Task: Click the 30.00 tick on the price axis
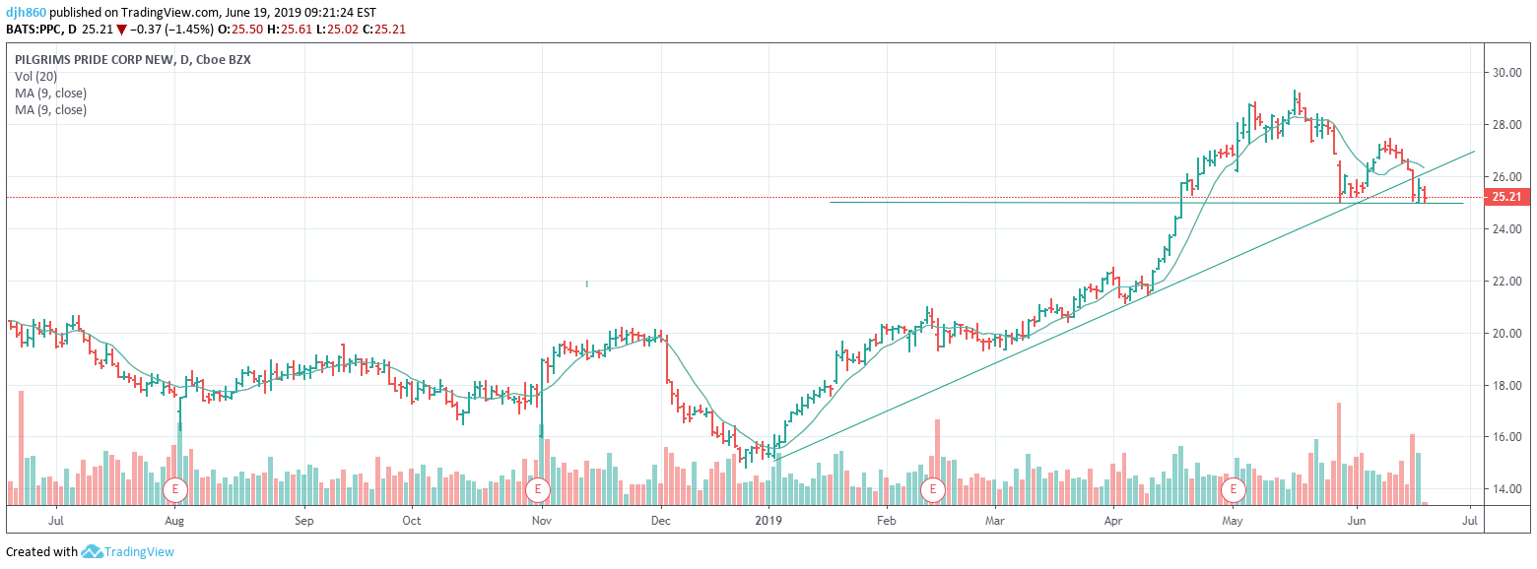click(x=1507, y=73)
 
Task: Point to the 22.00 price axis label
click(x=1507, y=282)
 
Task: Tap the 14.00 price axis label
click(x=1507, y=489)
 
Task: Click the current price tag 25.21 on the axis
click(x=1506, y=197)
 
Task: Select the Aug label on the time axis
click(x=174, y=520)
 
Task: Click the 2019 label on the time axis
click(x=768, y=520)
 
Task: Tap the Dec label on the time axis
click(x=660, y=520)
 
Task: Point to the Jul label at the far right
click(x=1471, y=520)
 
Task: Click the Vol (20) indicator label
click(x=36, y=76)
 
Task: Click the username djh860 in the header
click(x=25, y=12)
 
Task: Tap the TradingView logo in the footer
click(x=127, y=552)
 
